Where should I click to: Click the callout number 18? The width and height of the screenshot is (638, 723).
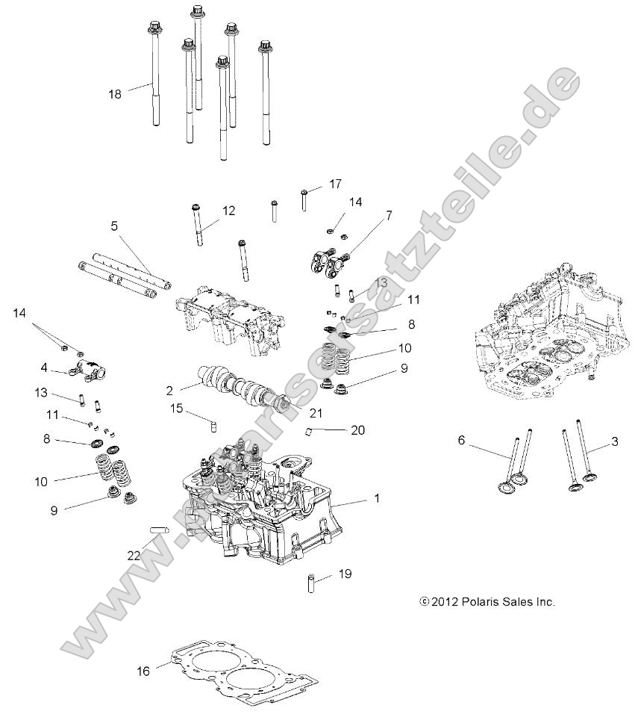coord(114,93)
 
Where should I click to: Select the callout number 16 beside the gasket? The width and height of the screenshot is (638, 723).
coord(143,671)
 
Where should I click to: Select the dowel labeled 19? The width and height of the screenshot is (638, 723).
coord(307,582)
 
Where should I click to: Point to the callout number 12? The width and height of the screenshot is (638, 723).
coord(228,211)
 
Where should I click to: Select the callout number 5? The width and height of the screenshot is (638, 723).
coord(114,225)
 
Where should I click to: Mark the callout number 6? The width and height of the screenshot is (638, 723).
coord(461,441)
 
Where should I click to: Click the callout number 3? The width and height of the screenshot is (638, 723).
coord(614,441)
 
